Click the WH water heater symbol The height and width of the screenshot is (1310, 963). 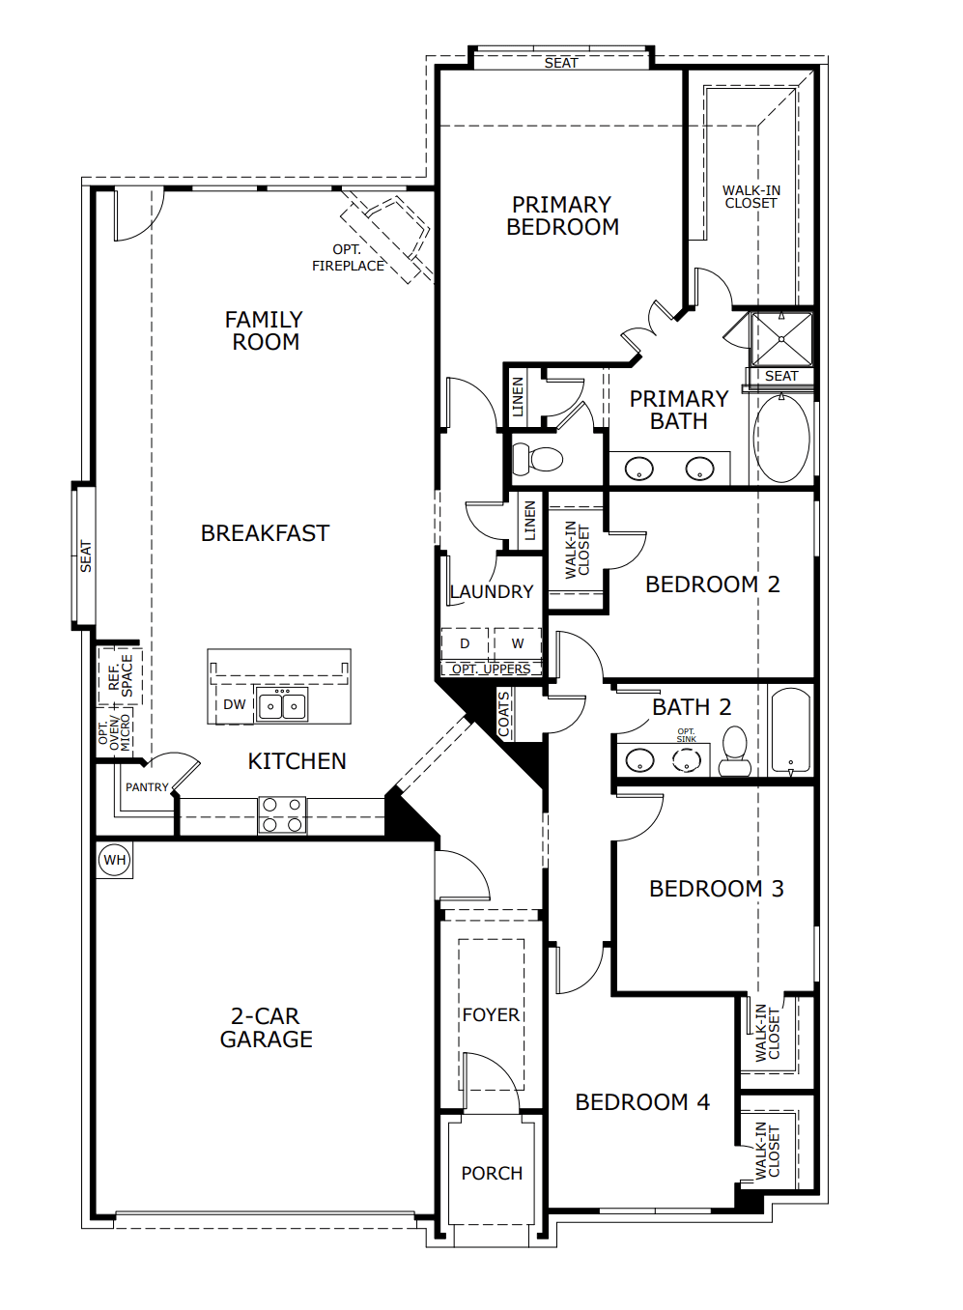pyautogui.click(x=115, y=860)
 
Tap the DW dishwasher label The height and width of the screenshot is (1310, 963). pyautogui.click(x=235, y=704)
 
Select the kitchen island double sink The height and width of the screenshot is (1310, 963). pyautogui.click(x=282, y=704)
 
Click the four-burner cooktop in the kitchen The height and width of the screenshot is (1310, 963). pyautogui.click(x=282, y=814)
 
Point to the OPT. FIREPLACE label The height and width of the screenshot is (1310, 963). pyautogui.click(x=348, y=258)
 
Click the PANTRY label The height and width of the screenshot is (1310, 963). pyautogui.click(x=147, y=787)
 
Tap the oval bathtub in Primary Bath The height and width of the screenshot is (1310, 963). pyautogui.click(x=781, y=438)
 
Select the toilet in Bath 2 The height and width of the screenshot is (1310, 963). pyautogui.click(x=734, y=751)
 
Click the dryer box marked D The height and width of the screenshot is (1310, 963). pyautogui.click(x=465, y=643)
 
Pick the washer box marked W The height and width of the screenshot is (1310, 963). pyautogui.click(x=518, y=643)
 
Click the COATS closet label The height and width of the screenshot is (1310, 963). pyautogui.click(x=504, y=714)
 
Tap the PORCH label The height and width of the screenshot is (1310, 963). pyautogui.click(x=492, y=1173)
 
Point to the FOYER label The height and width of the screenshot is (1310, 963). pyautogui.click(x=491, y=1014)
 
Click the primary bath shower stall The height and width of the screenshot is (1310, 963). pyautogui.click(x=781, y=340)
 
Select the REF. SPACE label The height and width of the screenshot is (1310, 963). pyautogui.click(x=121, y=675)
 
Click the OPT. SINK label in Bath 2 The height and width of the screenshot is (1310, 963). pyautogui.click(x=686, y=735)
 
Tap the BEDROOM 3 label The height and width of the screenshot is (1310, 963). pyautogui.click(x=717, y=889)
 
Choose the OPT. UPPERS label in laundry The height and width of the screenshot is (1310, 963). pyautogui.click(x=491, y=669)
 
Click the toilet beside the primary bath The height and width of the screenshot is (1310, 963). pyautogui.click(x=537, y=460)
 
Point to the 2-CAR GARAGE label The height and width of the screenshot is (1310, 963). pyautogui.click(x=266, y=1028)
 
